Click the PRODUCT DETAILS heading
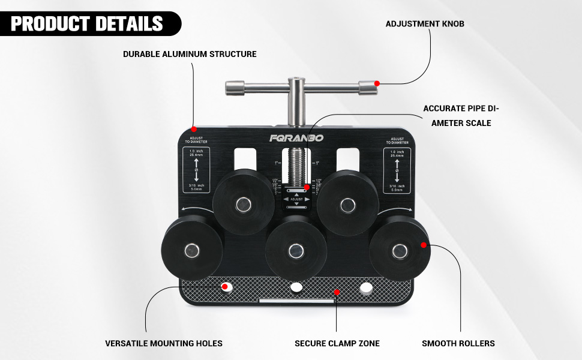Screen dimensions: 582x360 pyautogui.click(x=87, y=23)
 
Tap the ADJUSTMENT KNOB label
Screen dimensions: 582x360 pyautogui.click(x=425, y=24)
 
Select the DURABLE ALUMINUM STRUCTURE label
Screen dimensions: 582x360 pyautogui.click(x=190, y=54)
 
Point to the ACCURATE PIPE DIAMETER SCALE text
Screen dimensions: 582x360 pyautogui.click(x=461, y=116)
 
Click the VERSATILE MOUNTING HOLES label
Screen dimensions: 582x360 pyautogui.click(x=164, y=344)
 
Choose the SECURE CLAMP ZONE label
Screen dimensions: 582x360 pyautogui.click(x=337, y=344)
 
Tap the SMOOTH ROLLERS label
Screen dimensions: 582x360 pyautogui.click(x=458, y=344)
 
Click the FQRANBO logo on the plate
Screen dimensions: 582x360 pyautogui.click(x=296, y=138)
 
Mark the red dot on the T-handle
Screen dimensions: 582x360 pyautogui.click(x=377, y=83)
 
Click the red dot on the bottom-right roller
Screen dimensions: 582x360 pyautogui.click(x=424, y=245)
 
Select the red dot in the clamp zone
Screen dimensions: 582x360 pyautogui.click(x=337, y=292)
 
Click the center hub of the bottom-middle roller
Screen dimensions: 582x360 pyautogui.click(x=295, y=250)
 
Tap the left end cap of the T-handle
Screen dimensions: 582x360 pyautogui.click(x=232, y=88)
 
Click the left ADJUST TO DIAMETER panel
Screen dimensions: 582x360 pyautogui.click(x=197, y=168)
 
